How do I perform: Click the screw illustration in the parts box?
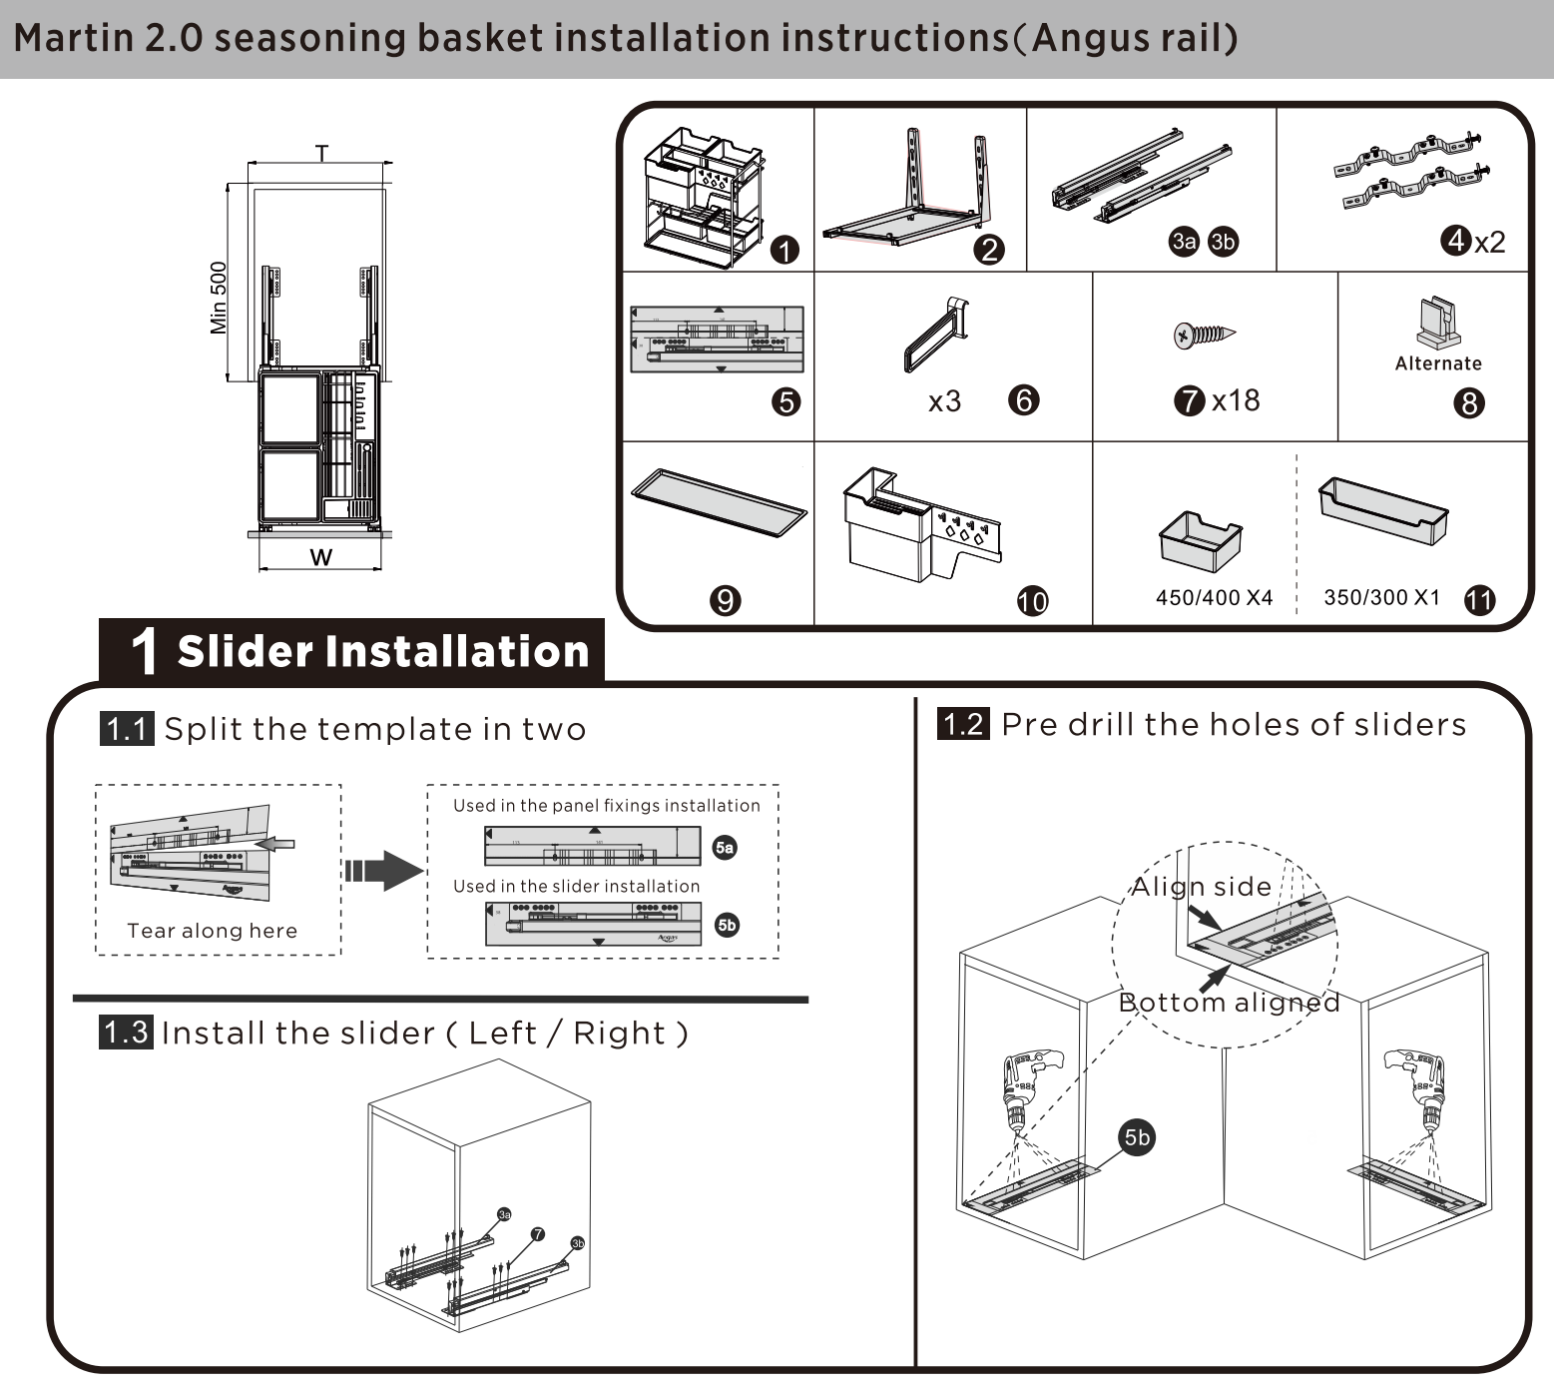point(1205,334)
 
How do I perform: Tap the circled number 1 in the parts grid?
point(785,251)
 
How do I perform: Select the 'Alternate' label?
point(1438,364)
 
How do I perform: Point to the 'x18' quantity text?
point(1236,401)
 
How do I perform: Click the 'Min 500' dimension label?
point(219,298)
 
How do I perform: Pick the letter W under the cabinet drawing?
point(320,557)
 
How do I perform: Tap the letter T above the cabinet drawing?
point(321,153)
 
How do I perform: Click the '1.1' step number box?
point(127,729)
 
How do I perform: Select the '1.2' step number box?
point(963,724)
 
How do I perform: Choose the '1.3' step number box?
point(126,1032)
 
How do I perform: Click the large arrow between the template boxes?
point(384,871)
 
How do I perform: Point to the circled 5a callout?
point(725,848)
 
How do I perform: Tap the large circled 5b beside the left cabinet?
point(1137,1137)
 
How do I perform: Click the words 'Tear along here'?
point(212,931)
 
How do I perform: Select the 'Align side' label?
point(1201,887)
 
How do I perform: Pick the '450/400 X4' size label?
point(1214,597)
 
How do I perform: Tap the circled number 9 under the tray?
point(725,600)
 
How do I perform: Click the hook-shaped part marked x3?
point(936,335)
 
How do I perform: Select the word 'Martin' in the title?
point(74,39)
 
